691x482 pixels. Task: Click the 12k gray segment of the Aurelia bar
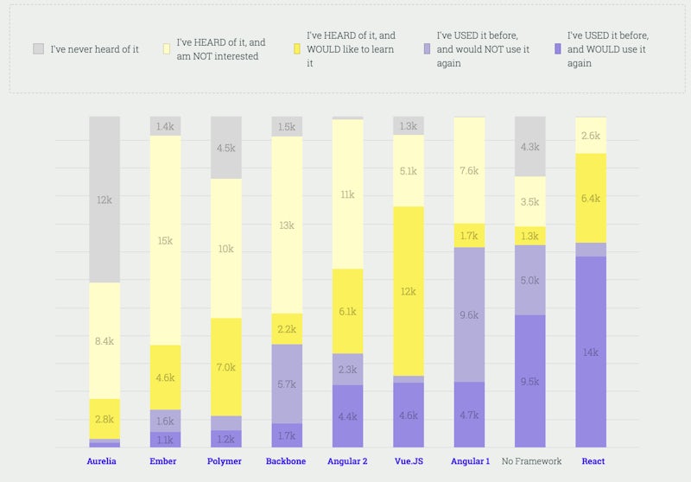pos(104,200)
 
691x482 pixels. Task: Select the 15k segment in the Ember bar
pos(165,240)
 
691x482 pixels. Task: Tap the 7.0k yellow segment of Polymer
pos(225,367)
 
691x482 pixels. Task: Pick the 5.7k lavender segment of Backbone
pos(287,384)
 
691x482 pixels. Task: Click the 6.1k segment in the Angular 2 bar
pos(347,311)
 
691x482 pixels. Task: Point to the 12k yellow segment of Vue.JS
pos(408,291)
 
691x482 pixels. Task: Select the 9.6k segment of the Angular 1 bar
pos(469,315)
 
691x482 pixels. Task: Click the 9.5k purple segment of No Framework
pos(529,381)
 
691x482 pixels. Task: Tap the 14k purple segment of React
pos(591,352)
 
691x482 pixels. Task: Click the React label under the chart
pos(593,461)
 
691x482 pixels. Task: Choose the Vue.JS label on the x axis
pos(408,461)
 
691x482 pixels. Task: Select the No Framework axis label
pos(532,461)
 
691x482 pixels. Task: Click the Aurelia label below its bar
pos(101,461)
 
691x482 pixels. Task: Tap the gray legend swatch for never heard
pos(39,49)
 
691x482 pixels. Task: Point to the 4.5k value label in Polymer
pos(225,148)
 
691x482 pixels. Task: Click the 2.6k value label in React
pos(591,136)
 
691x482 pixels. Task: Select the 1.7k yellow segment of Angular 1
pos(469,235)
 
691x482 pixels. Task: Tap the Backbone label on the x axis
pos(285,461)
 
